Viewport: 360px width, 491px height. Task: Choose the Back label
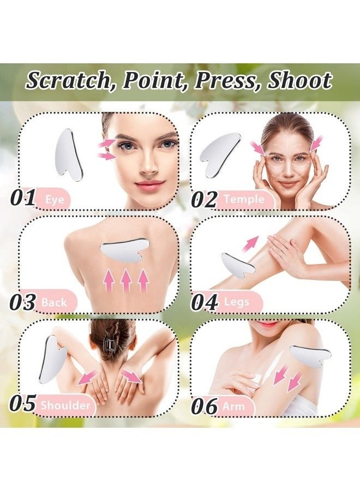[x=53, y=302]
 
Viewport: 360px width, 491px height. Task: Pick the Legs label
[x=237, y=302]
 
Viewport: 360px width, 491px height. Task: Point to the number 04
[x=204, y=302]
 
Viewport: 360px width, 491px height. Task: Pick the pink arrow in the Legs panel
[x=250, y=243]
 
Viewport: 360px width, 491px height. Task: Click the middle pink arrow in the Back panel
[x=126, y=282]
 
